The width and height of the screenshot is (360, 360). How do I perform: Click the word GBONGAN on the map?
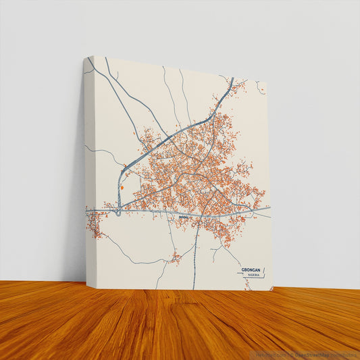click(251, 269)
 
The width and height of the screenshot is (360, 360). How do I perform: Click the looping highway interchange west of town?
click(118, 211)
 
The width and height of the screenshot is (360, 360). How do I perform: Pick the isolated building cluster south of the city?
click(176, 257)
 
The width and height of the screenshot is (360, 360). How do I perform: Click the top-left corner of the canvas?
click(93, 56)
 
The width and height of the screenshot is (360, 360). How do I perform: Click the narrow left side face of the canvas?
click(88, 169)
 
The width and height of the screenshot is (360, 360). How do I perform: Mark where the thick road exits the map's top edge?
click(232, 78)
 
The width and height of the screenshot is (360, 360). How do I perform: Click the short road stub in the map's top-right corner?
click(260, 88)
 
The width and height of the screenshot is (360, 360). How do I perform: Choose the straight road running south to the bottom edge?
click(195, 263)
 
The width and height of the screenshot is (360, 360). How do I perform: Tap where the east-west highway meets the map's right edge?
click(269, 208)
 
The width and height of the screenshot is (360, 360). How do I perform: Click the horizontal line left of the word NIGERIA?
click(242, 274)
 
